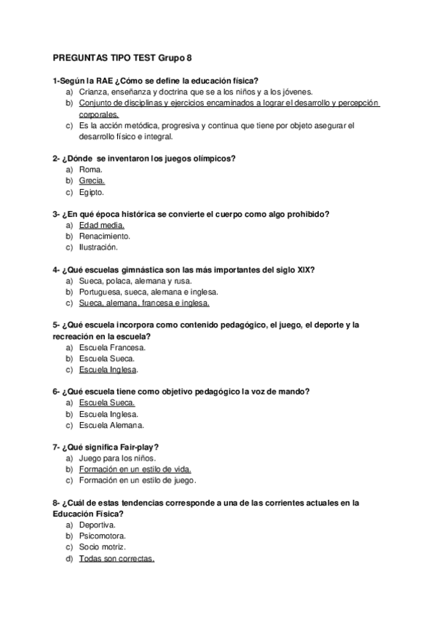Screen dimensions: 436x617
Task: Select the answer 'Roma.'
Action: pyautogui.click(x=91, y=170)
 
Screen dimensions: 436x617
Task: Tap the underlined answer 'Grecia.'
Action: pyautogui.click(x=92, y=181)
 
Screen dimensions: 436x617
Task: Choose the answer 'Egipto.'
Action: pyautogui.click(x=92, y=193)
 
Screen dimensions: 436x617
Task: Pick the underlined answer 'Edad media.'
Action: pyautogui.click(x=103, y=226)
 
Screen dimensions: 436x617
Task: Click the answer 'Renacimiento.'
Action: pyautogui.click(x=105, y=236)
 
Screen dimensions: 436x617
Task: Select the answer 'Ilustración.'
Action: pyautogui.click(x=98, y=247)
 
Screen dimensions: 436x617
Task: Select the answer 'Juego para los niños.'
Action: pyautogui.click(x=116, y=458)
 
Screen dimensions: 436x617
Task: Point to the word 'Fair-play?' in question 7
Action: pyautogui.click(x=140, y=447)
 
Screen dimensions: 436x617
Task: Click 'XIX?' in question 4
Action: pyautogui.click(x=306, y=270)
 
